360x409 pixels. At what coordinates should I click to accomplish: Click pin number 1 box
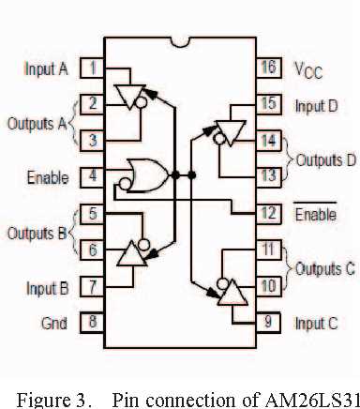click(x=92, y=68)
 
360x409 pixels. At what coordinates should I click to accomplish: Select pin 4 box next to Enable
click(x=92, y=174)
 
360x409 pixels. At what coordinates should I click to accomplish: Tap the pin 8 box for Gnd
click(x=92, y=322)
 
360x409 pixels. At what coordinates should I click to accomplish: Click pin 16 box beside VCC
click(x=267, y=68)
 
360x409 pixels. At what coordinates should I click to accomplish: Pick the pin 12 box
click(x=267, y=213)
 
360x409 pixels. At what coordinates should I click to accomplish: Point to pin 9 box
click(x=267, y=322)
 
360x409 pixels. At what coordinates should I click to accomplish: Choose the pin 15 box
click(x=267, y=104)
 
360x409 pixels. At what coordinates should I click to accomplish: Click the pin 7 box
click(x=92, y=286)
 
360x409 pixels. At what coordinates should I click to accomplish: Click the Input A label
click(x=44, y=68)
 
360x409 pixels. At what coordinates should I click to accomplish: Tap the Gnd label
click(x=55, y=322)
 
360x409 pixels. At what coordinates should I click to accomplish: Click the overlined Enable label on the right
click(x=315, y=214)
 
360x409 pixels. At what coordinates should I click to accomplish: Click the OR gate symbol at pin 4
click(x=149, y=174)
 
